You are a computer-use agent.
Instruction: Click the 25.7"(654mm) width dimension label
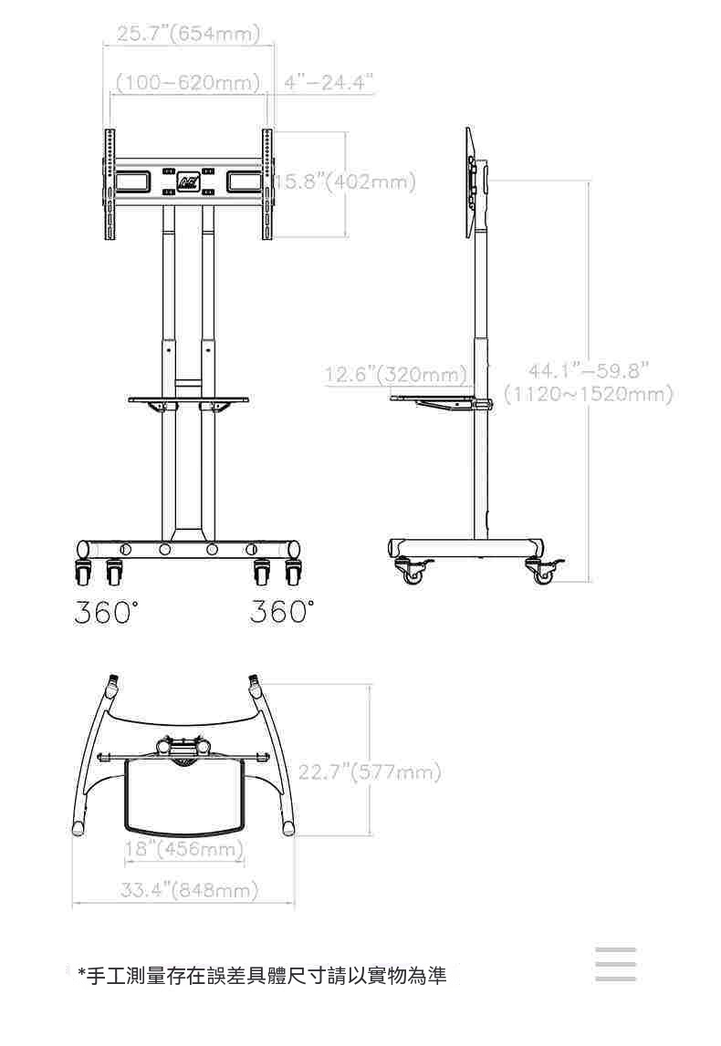tap(188, 34)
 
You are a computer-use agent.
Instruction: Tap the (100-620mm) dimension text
tap(188, 83)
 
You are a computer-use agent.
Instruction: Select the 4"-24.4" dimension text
tap(328, 83)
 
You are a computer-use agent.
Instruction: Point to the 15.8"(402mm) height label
tap(346, 181)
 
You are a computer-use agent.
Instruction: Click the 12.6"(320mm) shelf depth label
tap(395, 374)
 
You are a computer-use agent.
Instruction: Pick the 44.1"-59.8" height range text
tap(589, 369)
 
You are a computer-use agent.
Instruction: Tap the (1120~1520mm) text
tap(588, 394)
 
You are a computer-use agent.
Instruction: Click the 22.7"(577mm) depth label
tap(370, 772)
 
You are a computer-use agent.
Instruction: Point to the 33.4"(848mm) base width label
tap(189, 890)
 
